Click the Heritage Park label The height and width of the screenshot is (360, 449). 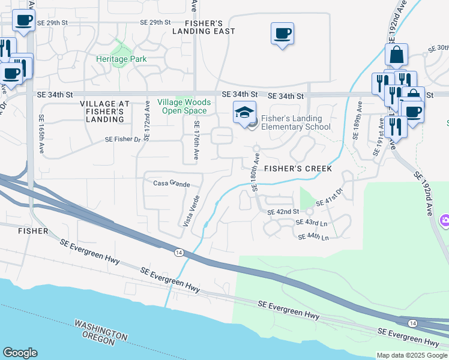point(121,59)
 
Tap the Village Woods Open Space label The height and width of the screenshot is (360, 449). point(182,106)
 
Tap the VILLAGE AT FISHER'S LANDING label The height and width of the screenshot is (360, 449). point(102,111)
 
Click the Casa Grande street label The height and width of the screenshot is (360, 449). point(172,184)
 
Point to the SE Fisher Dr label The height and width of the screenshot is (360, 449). point(122,139)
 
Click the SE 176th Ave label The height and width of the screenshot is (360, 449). point(196,140)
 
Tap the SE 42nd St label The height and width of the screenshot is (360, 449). point(283,212)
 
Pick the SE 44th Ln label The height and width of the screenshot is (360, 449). point(313,238)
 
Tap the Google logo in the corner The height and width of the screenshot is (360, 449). point(20,353)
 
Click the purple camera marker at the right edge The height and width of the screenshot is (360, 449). point(444,220)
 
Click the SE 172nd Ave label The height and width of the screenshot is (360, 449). point(146,121)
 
